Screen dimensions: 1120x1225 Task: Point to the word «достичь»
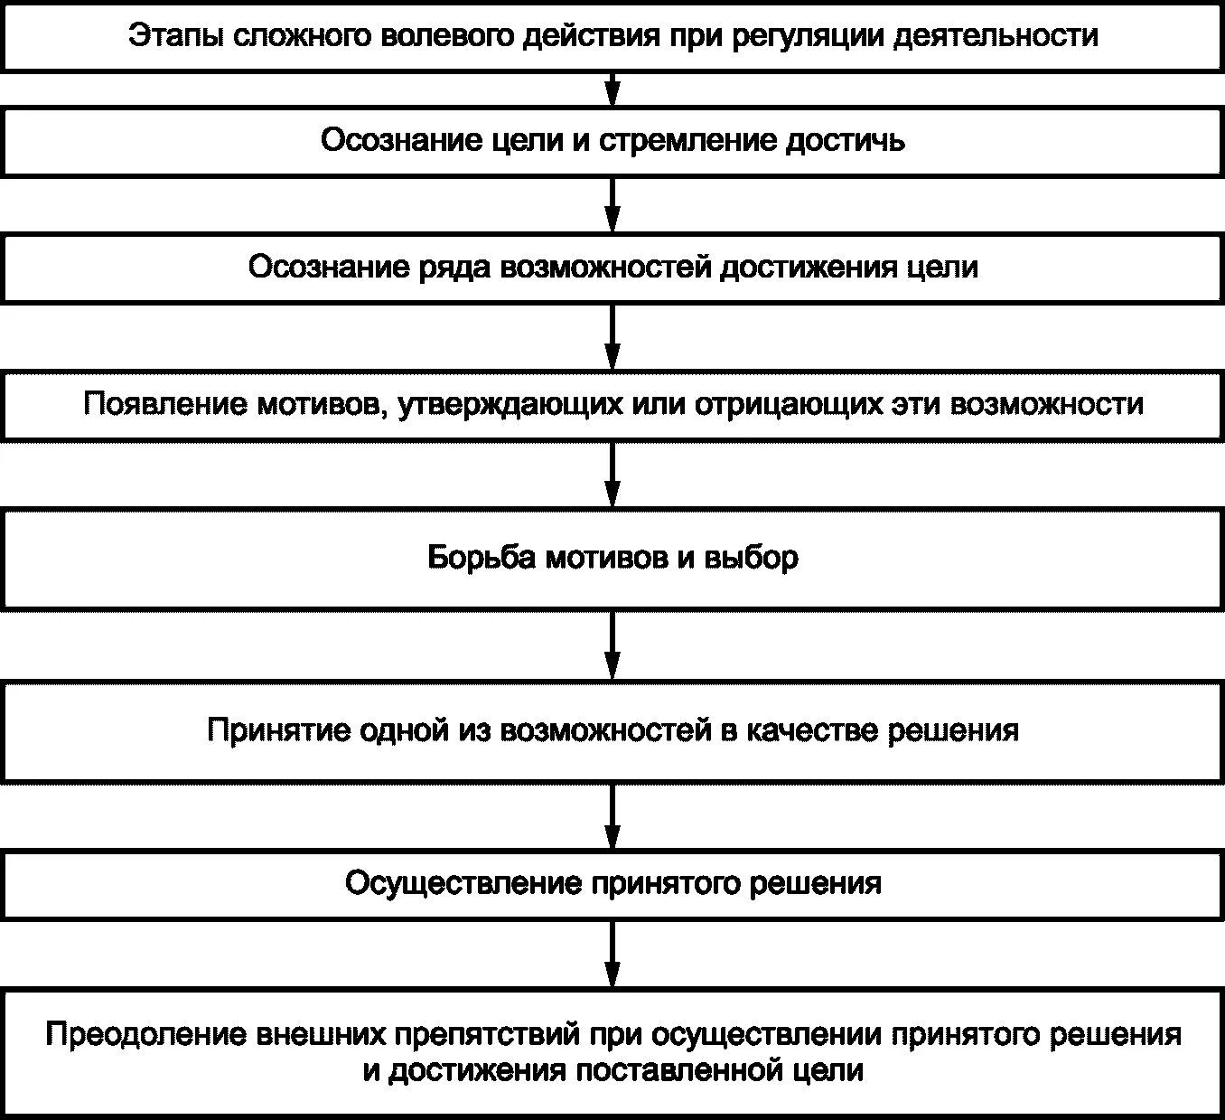[x=846, y=141]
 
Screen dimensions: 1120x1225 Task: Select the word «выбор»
[x=752, y=558]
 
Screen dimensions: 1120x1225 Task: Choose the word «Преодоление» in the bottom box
[x=145, y=1034]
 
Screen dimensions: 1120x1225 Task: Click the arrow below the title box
[x=612, y=89]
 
